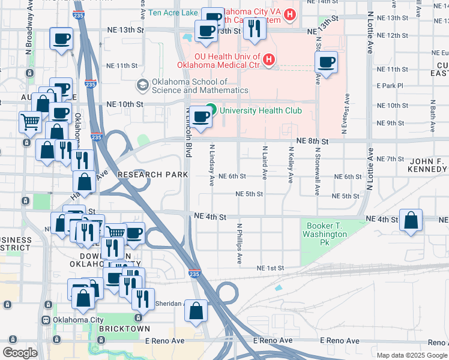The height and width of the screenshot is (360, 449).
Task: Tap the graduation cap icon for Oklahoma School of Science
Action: [142, 85]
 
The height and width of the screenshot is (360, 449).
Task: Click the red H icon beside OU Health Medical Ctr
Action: [268, 60]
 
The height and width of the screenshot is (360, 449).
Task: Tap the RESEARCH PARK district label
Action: [152, 175]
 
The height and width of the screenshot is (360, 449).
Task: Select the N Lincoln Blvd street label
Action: [188, 133]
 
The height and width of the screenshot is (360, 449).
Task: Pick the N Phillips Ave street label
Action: [239, 244]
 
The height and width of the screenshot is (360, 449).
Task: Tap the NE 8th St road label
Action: [312, 140]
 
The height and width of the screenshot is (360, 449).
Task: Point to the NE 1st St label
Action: [270, 268]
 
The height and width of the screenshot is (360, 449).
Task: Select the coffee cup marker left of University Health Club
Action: [202, 116]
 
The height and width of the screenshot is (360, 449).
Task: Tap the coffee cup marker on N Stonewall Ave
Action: [327, 62]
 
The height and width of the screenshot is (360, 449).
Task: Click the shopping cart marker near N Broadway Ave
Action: [30, 122]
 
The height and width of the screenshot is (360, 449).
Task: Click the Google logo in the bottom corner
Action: [20, 353]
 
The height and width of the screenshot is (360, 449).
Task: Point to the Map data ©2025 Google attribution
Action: [412, 355]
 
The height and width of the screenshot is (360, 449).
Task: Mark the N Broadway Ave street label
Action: [29, 29]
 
